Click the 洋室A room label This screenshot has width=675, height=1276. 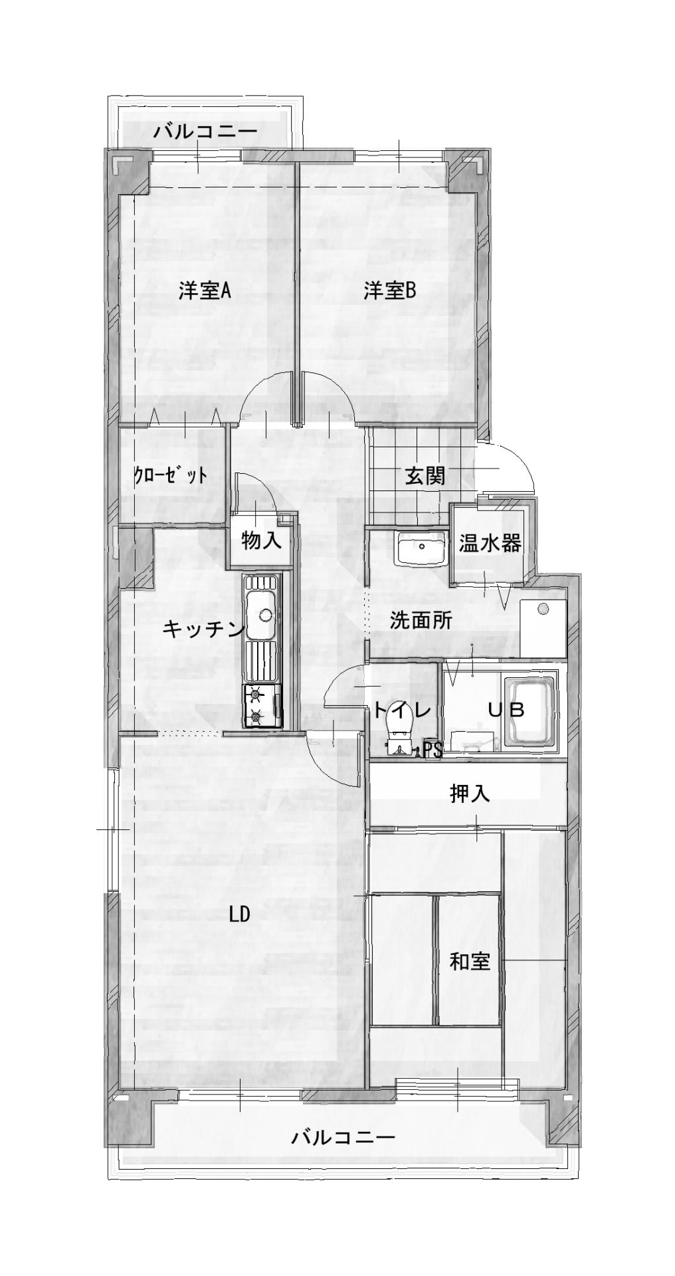(204, 291)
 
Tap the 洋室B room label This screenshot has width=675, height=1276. (389, 291)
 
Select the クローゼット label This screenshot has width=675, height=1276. (170, 475)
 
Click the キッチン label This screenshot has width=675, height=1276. (204, 629)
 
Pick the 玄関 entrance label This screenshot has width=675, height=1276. (425, 476)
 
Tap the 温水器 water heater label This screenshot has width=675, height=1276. (489, 543)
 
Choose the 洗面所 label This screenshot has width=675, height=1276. (421, 621)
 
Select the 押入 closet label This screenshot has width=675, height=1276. (470, 794)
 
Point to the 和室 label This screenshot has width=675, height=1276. (470, 961)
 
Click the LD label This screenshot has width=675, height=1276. (239, 915)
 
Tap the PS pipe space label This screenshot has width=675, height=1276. (433, 750)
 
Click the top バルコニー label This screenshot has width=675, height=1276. (205, 132)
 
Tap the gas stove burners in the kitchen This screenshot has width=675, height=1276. (256, 706)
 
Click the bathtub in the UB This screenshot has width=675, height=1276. (531, 712)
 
